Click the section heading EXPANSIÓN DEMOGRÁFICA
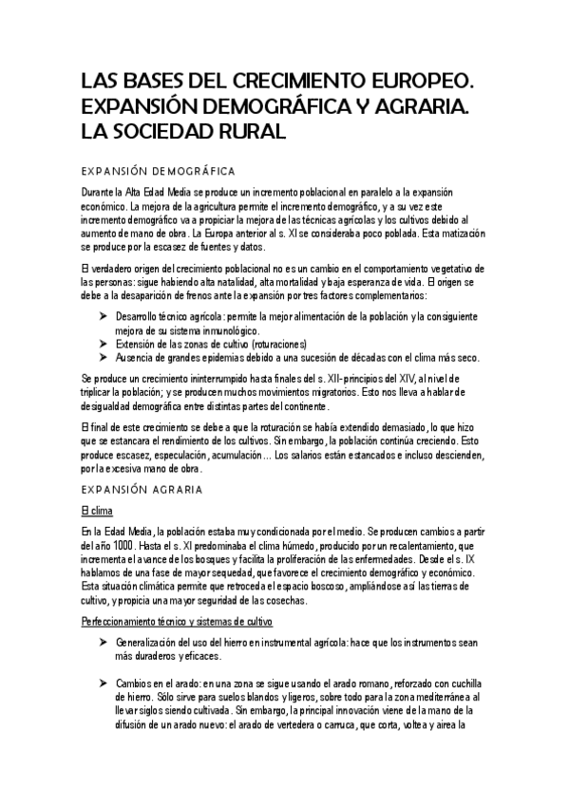159,171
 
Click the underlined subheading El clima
98,511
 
